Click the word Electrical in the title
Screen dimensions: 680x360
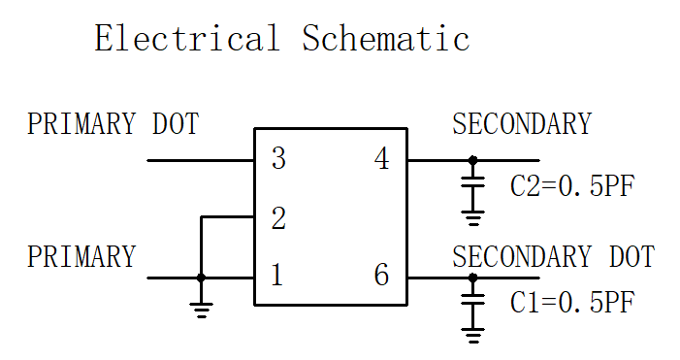click(187, 38)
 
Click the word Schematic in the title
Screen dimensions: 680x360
click(385, 38)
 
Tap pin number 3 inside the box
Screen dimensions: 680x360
click(278, 158)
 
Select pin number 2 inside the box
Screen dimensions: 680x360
click(278, 218)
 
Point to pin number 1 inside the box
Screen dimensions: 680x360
click(277, 275)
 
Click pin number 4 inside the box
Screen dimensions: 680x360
click(381, 158)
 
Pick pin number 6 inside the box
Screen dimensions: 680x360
click(381, 275)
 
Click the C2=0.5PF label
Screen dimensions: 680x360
click(572, 186)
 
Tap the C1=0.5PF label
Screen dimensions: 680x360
click(572, 302)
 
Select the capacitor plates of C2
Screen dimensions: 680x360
click(472, 181)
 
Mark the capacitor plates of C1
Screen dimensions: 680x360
click(472, 299)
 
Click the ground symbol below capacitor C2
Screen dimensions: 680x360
click(472, 218)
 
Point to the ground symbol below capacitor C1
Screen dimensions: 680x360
click(472, 336)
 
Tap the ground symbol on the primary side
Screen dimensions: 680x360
click(201, 311)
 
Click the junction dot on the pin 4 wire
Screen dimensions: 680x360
click(472, 160)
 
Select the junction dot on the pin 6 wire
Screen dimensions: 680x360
click(472, 278)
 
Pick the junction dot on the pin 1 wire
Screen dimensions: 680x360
click(201, 278)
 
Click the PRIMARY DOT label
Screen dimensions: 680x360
click(113, 123)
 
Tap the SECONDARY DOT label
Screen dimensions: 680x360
click(554, 256)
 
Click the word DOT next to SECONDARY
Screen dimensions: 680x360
click(632, 256)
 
